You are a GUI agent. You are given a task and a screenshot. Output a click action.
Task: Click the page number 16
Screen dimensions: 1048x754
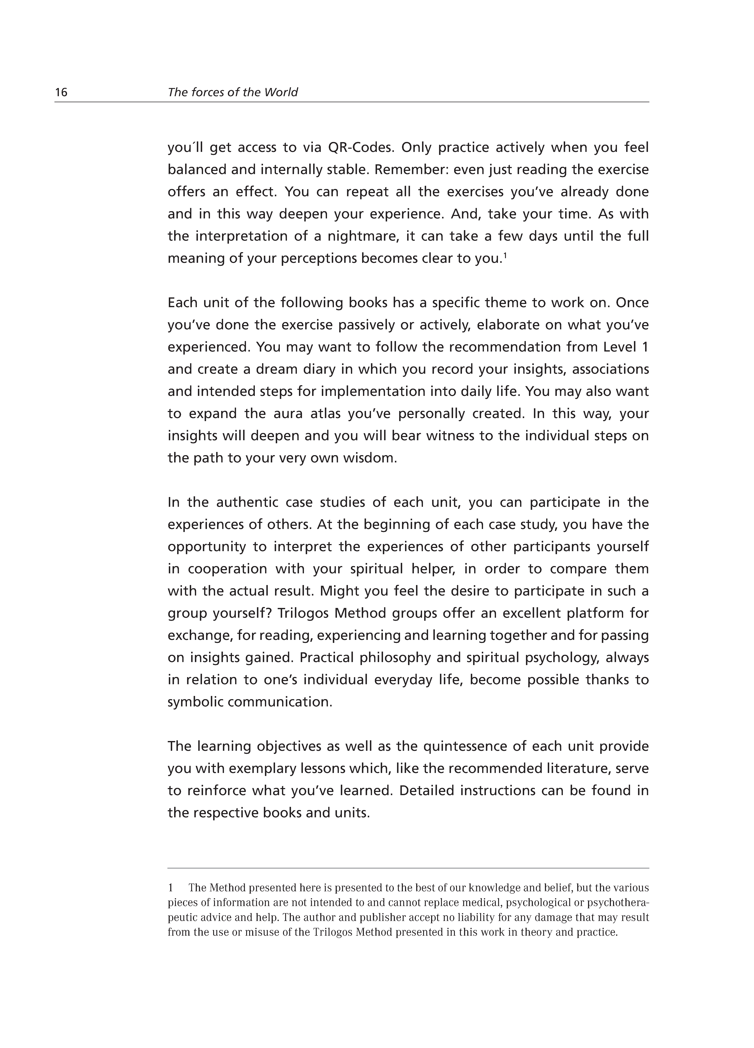61,92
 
